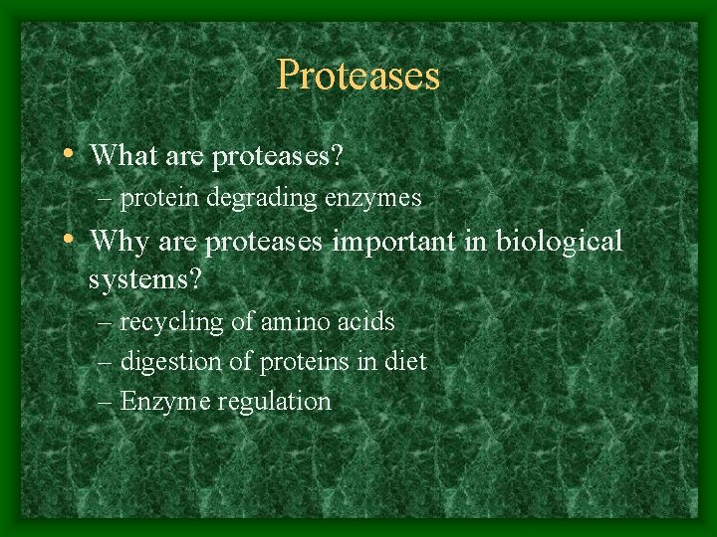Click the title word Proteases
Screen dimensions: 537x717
pyautogui.click(x=358, y=75)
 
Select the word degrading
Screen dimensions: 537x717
pyautogui.click(x=261, y=199)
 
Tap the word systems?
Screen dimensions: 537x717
pyautogui.click(x=145, y=279)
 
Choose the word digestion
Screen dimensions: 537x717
pyautogui.click(x=170, y=363)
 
